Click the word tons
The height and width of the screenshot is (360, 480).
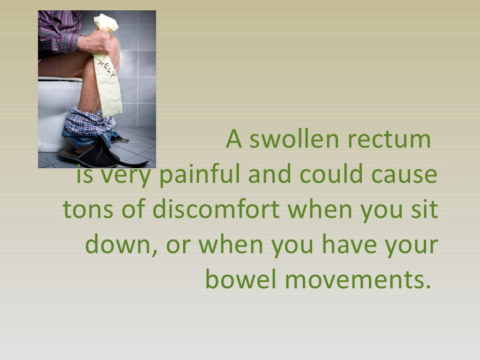pos(87,210)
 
